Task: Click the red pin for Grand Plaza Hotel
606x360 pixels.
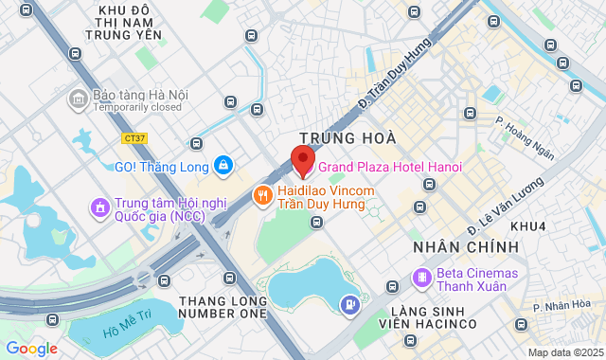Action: [x=302, y=160]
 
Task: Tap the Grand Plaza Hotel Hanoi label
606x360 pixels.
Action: [x=390, y=167]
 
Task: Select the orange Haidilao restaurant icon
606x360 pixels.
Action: [x=263, y=196]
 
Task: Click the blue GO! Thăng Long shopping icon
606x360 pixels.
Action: [x=223, y=166]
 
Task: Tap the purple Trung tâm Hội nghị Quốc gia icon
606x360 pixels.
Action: [x=98, y=207]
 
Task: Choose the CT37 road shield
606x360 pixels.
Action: [x=135, y=137]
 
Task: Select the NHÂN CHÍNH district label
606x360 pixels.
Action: [x=466, y=246]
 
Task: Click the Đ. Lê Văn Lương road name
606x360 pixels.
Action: [x=506, y=206]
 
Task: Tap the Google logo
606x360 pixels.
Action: [x=31, y=348]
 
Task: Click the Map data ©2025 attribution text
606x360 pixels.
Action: [x=565, y=352]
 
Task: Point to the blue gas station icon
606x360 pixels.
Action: [x=350, y=304]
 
